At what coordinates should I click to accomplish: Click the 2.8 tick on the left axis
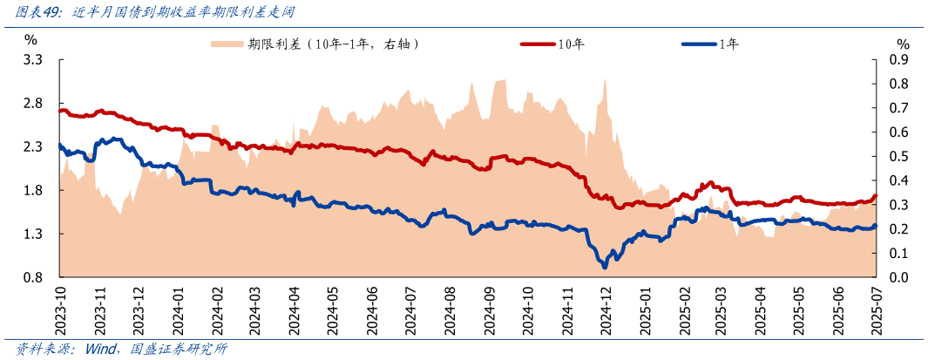point(34,104)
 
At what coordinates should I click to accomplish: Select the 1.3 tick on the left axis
point(34,234)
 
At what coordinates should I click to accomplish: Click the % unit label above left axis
point(30,38)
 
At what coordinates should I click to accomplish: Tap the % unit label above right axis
point(903,44)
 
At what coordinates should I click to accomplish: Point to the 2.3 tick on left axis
point(34,147)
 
